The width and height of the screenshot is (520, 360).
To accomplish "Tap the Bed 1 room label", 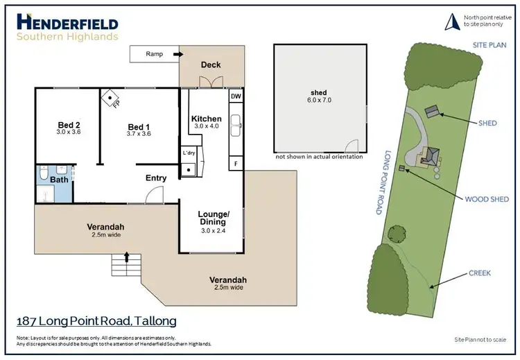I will pyautogui.click(x=139, y=127).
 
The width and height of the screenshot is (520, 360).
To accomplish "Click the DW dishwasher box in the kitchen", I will pyautogui.click(x=235, y=96).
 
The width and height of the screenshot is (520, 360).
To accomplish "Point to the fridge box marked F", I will pyautogui.click(x=235, y=164).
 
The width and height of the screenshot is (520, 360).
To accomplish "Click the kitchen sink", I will pyautogui.click(x=236, y=123).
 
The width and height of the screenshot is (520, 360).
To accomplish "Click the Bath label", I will pyautogui.click(x=59, y=180).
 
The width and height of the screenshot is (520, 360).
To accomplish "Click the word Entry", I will pyautogui.click(x=156, y=178).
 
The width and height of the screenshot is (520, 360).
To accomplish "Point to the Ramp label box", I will pyautogui.click(x=154, y=54).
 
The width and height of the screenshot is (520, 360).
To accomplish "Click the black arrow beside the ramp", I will pyautogui.click(x=177, y=54).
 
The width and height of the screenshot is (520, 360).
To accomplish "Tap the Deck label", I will pyautogui.click(x=211, y=65).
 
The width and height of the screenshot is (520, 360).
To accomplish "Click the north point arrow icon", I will pyautogui.click(x=450, y=22).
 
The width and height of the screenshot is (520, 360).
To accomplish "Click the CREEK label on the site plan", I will pyautogui.click(x=479, y=273).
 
